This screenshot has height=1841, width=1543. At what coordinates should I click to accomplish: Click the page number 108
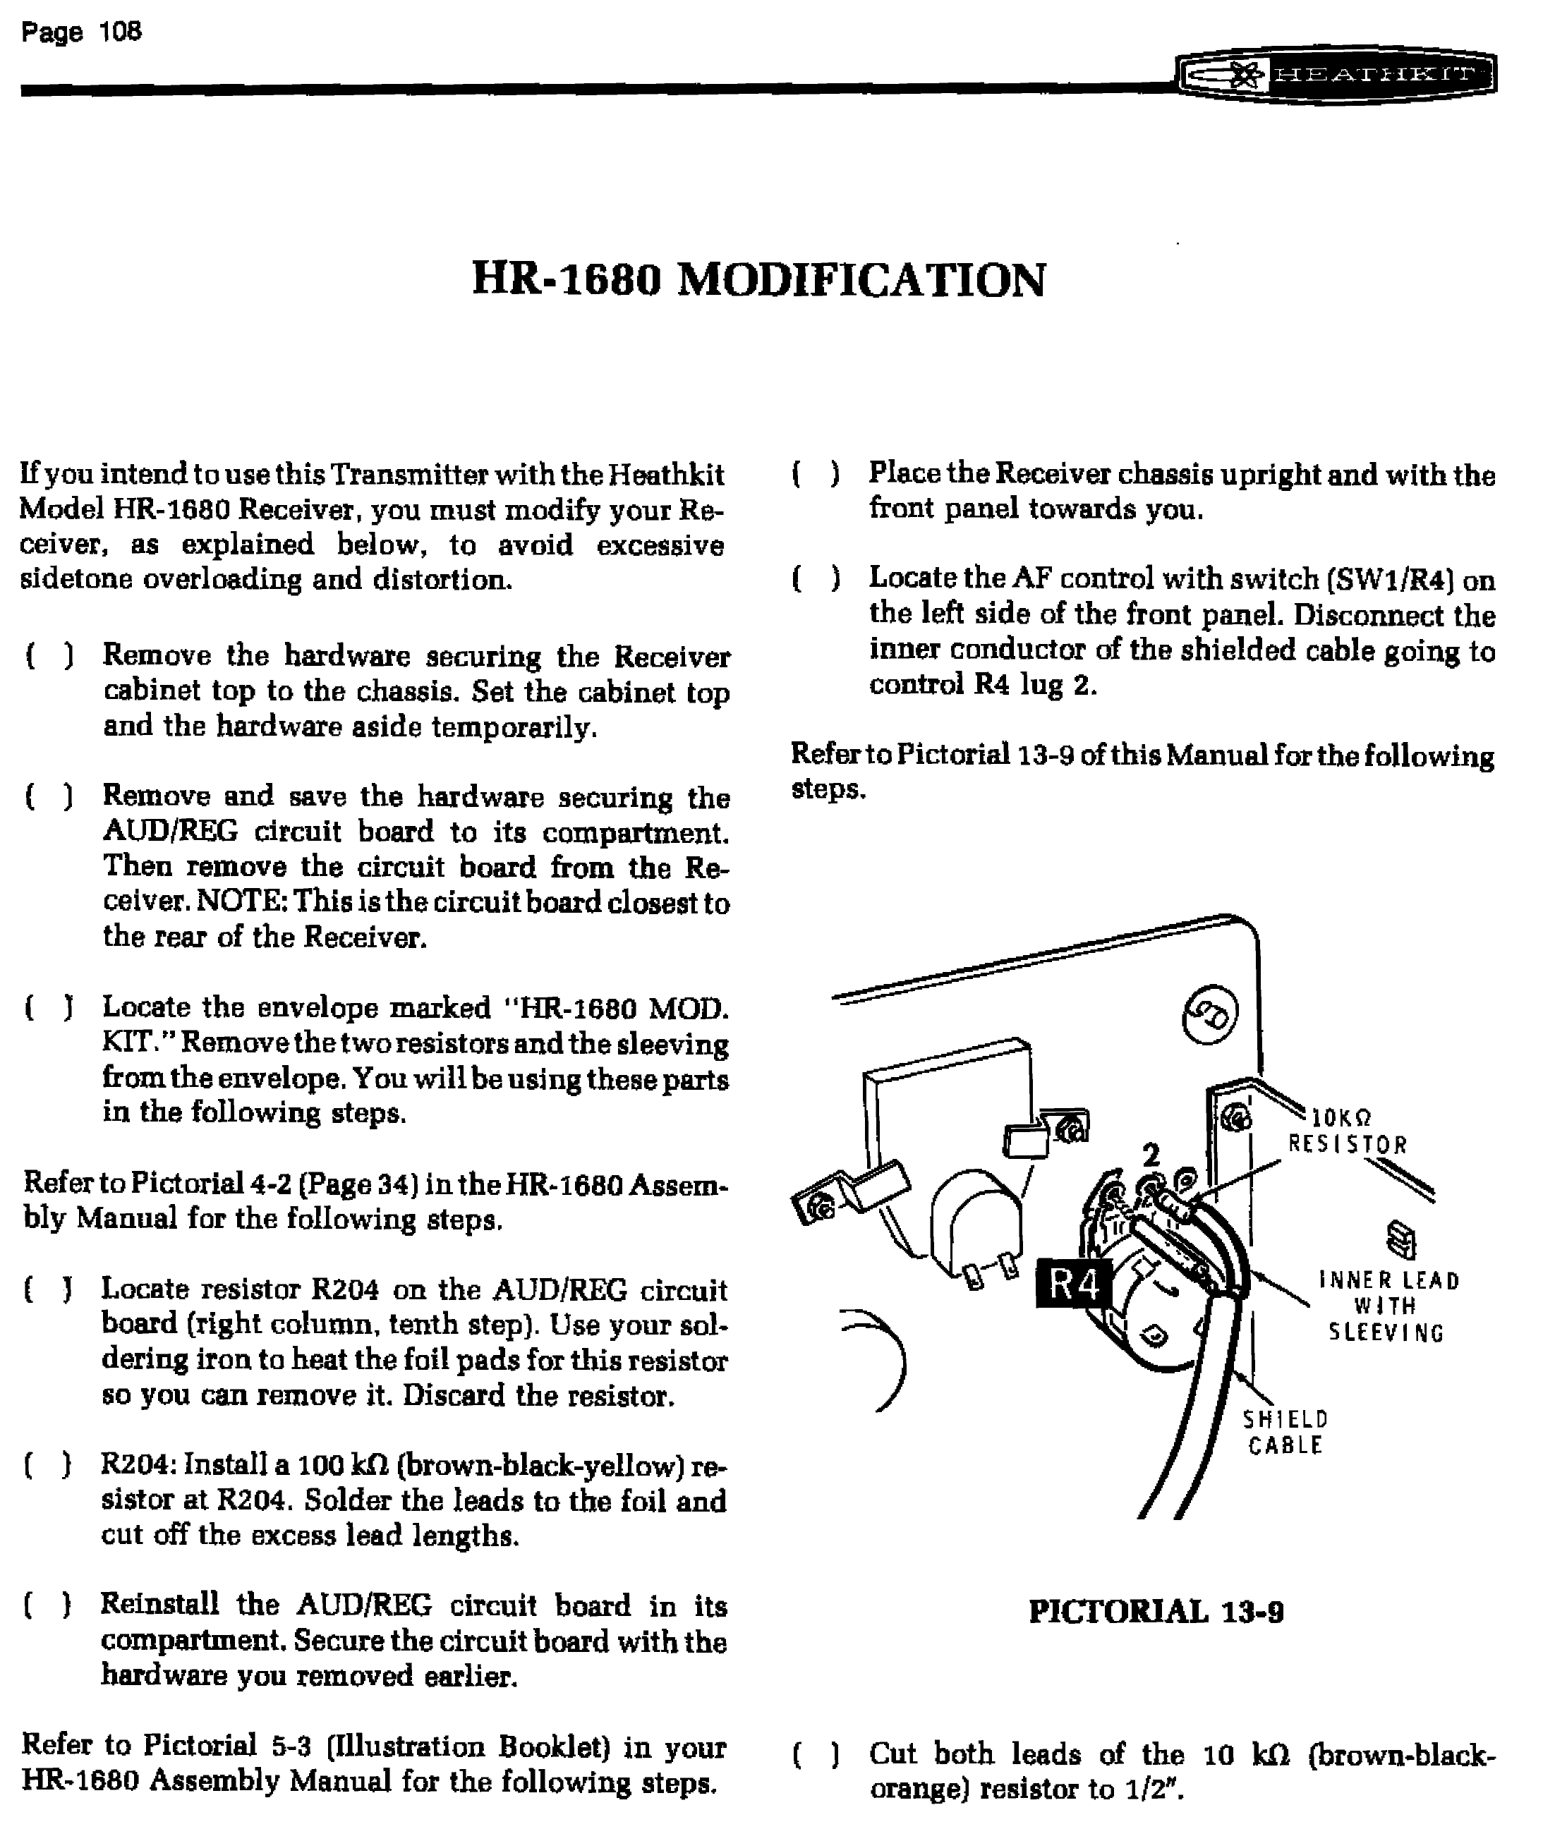point(120,32)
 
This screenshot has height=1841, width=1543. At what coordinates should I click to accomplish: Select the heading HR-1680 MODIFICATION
point(758,281)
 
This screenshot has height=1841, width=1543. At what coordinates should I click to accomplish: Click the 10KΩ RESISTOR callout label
point(1348,1132)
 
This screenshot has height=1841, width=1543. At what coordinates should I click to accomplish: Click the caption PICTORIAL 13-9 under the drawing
point(1156,1611)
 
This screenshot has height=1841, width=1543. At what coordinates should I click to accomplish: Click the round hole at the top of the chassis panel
point(1211,1014)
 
